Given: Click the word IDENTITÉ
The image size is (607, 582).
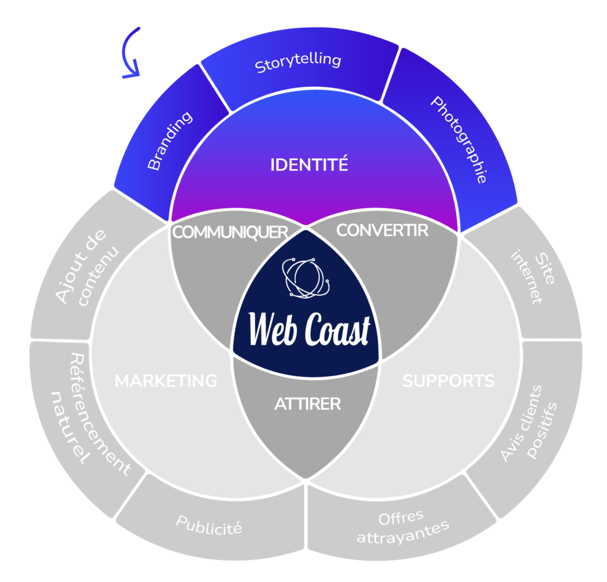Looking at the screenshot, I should point(309,165).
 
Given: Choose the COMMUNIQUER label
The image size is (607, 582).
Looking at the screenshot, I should point(229,232).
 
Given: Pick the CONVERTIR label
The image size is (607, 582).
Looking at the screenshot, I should point(382,230).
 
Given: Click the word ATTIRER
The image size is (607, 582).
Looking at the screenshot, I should point(307,404).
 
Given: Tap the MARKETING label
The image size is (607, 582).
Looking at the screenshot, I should point(166,380).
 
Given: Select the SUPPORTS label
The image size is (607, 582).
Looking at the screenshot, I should point(448,380).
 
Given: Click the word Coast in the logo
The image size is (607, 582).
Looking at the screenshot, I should point(337,330).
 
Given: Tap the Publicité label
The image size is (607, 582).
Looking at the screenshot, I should point(209,525).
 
